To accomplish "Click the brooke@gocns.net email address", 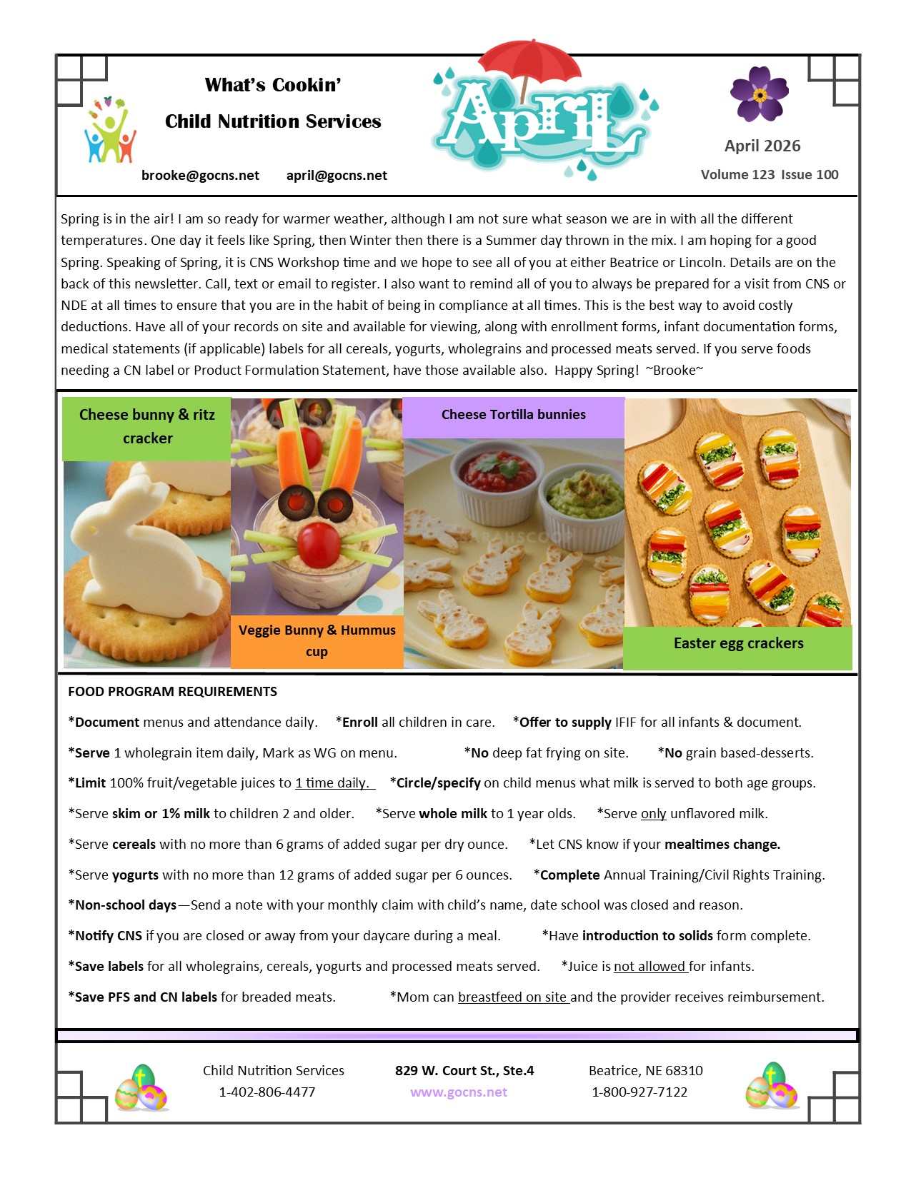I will tap(200, 176).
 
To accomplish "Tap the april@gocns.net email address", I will tap(337, 176).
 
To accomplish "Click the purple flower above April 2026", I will tap(759, 94).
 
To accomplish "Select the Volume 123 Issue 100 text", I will tap(770, 175).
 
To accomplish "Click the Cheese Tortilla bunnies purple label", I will tap(513, 416).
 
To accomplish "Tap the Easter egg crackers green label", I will tap(738, 644).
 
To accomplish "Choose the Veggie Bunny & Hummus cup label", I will tap(317, 640).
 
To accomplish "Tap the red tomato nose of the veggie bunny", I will tap(319, 544).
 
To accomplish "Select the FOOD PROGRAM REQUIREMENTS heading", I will tap(172, 692).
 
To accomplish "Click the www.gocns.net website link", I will tap(459, 1092).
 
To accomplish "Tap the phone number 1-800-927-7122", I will tap(639, 1092).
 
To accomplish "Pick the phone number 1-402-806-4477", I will tap(267, 1092).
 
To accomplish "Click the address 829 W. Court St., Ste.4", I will tap(464, 1071).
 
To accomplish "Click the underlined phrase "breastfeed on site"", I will tap(512, 997).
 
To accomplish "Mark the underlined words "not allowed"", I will tap(649, 967).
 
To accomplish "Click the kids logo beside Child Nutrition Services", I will tap(109, 131).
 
